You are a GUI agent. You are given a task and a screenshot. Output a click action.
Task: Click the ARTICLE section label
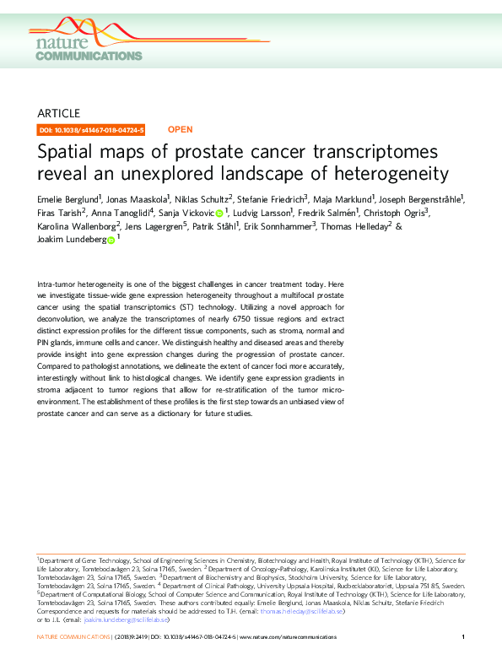coord(59,113)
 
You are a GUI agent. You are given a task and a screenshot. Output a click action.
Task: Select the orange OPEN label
coord(181,130)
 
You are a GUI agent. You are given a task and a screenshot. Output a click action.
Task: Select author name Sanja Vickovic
coord(185,213)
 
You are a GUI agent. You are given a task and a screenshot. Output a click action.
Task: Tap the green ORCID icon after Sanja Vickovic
coord(219,214)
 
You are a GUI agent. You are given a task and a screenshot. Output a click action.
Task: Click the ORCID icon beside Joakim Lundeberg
coord(111,241)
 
